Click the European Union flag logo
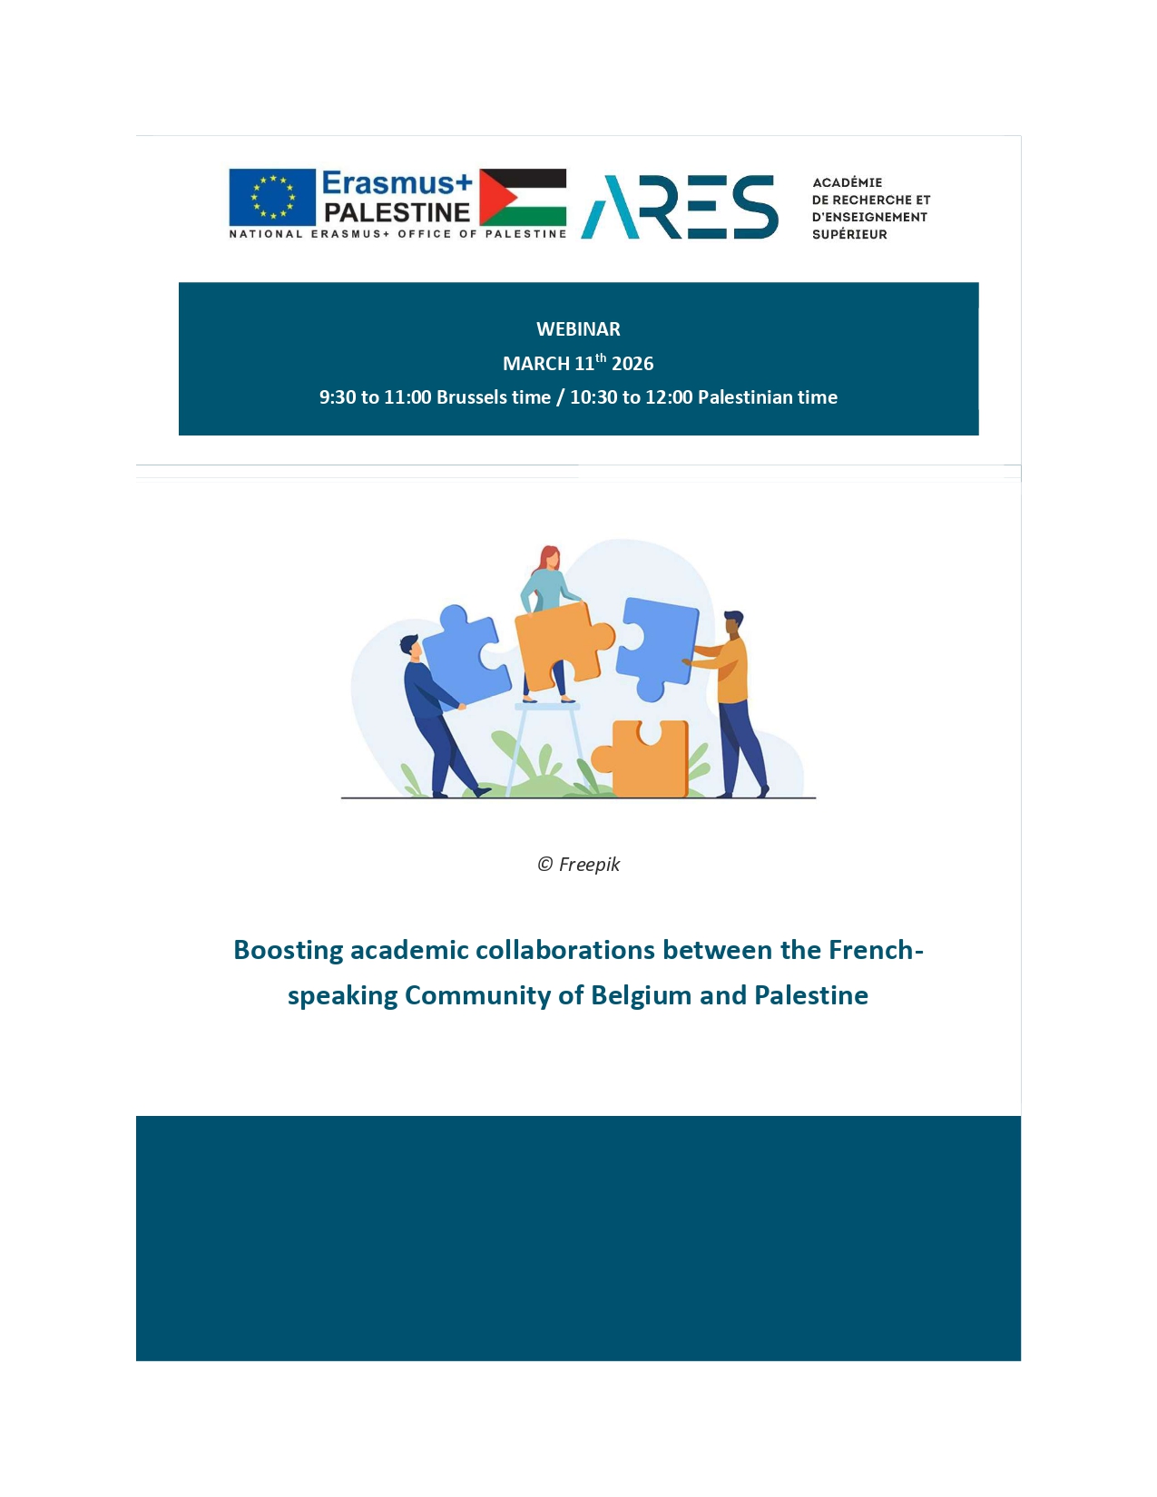pyautogui.click(x=272, y=197)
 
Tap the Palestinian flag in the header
pyautogui.click(x=523, y=197)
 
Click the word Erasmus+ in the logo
pyautogui.click(x=397, y=183)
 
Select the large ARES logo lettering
pyautogui.click(x=680, y=207)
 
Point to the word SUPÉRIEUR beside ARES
pyautogui.click(x=849, y=234)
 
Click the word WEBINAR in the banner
pyautogui.click(x=578, y=329)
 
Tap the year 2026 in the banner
pyautogui.click(x=632, y=364)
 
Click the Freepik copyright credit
pyautogui.click(x=578, y=865)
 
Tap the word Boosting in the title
pyautogui.click(x=288, y=950)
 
